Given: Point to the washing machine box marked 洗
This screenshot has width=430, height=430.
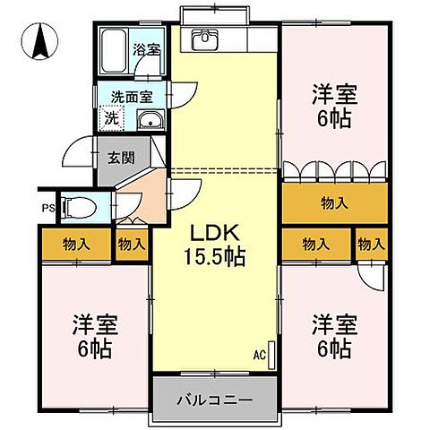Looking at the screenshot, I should coord(111,118).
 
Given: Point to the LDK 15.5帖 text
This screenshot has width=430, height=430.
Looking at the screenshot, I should coord(215,245).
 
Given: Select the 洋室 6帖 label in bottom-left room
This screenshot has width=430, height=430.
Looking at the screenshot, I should coord(90,336).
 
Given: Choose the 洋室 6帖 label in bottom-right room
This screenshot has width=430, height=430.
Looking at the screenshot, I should coord(331,336).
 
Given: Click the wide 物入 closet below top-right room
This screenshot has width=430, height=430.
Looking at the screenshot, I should coord(334,204).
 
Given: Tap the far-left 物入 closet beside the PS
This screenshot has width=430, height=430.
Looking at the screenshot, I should coord(76,244).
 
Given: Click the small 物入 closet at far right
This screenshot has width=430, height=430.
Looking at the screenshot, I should coord(371,243).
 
